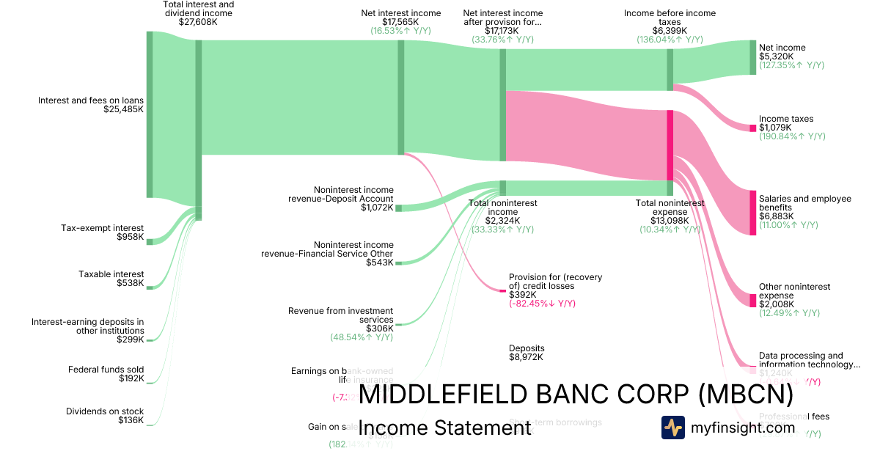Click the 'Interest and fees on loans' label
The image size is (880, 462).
click(91, 100)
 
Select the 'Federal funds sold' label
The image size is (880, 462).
click(106, 370)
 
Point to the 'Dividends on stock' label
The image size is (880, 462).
click(105, 411)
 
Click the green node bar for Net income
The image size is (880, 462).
click(752, 57)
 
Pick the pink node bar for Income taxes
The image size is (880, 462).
click(752, 128)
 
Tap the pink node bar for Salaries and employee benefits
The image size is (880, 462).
click(752, 213)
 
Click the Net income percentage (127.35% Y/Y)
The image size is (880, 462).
click(791, 65)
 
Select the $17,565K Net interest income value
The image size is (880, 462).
click(400, 22)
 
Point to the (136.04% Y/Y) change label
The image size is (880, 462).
click(670, 40)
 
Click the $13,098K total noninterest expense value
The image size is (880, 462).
click(669, 221)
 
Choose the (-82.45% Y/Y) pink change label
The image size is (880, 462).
click(542, 304)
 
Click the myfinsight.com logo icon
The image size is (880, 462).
click(673, 427)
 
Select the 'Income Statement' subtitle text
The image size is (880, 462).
click(444, 428)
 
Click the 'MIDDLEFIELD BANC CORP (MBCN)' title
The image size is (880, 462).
click(576, 395)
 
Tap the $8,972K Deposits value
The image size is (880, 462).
click(527, 357)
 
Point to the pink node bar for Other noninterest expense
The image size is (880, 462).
click(752, 300)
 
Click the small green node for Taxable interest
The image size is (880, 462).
click(150, 287)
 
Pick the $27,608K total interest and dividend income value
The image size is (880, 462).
click(198, 22)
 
